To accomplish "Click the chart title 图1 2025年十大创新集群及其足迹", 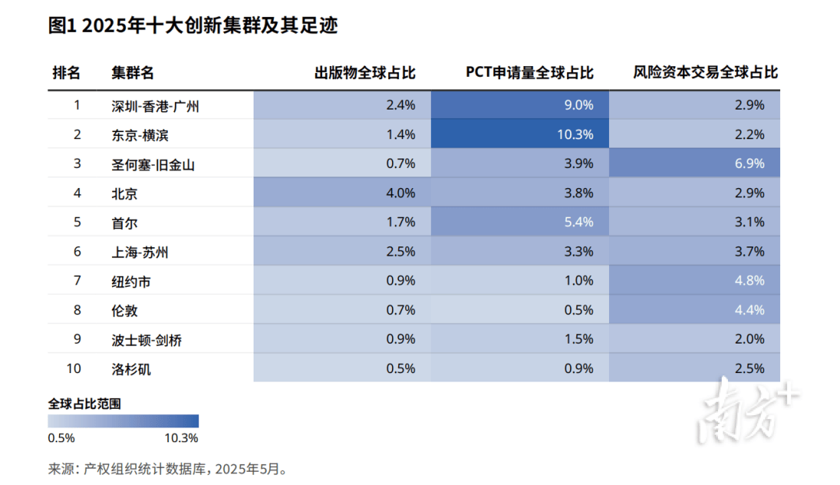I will (193, 26).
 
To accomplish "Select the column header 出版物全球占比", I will (365, 73).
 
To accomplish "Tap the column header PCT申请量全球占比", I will (530, 73).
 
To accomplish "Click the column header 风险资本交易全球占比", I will (705, 73).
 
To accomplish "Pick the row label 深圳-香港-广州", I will (156, 106).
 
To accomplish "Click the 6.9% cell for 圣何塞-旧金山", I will (749, 163).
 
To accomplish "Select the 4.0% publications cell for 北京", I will (401, 193).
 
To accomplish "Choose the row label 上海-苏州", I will (140, 252).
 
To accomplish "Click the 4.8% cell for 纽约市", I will (749, 281).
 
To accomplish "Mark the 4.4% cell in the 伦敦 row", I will (749, 310).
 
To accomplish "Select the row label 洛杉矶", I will (131, 369).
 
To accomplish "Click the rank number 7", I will (77, 281).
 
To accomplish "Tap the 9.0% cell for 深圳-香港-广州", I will (578, 105).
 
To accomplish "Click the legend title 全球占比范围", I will (85, 404).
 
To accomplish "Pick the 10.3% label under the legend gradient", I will (182, 438).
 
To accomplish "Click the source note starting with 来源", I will (167, 469).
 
